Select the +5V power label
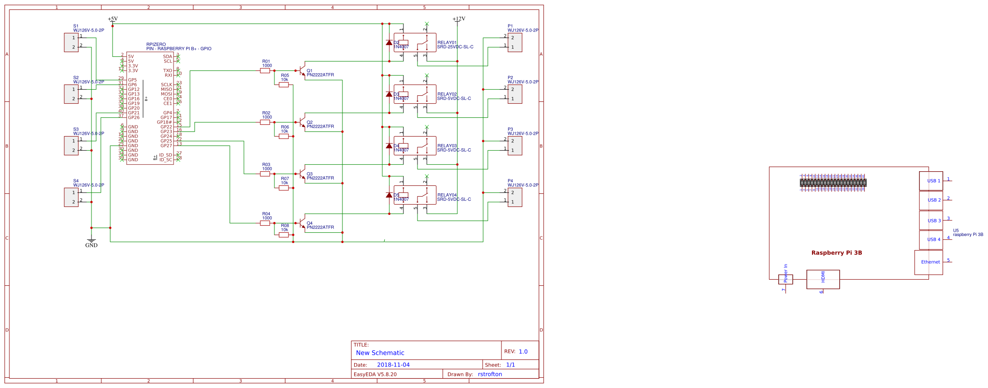113,19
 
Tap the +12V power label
458,19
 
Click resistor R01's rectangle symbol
265,71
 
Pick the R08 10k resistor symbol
284,235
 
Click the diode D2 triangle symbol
389,43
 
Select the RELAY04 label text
447,195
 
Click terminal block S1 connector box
71,43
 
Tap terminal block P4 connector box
515,197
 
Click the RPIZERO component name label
156,45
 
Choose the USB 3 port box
931,221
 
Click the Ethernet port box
928,262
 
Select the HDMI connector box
823,279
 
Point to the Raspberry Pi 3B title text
836,253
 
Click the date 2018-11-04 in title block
393,365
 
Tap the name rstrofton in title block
490,374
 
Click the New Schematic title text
380,353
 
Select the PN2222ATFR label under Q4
320,228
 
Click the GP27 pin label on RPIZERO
166,146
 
